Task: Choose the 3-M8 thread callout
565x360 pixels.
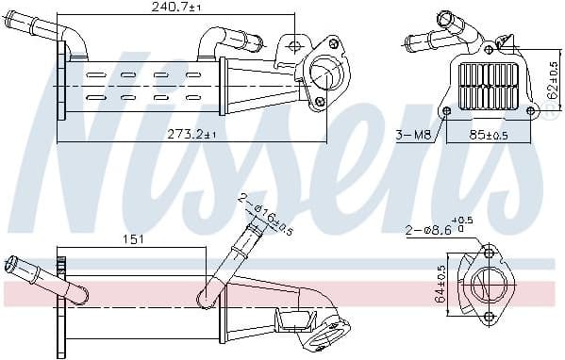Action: pos(412,135)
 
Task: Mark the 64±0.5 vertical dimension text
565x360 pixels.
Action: pos(440,284)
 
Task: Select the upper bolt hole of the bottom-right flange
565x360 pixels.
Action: pos(488,253)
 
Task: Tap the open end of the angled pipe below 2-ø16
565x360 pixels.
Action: pos(252,227)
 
